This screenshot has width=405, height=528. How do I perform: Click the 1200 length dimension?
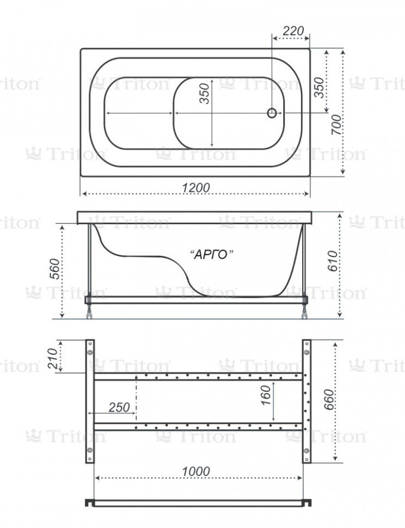(196, 188)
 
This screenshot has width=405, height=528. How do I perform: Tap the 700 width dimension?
(336, 125)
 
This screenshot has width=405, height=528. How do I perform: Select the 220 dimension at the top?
(293, 30)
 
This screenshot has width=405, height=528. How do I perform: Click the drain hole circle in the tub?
(272, 113)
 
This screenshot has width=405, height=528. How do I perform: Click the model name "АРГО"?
(212, 255)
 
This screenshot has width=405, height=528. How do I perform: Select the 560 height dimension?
(54, 269)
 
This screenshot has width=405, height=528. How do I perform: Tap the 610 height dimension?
(332, 261)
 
